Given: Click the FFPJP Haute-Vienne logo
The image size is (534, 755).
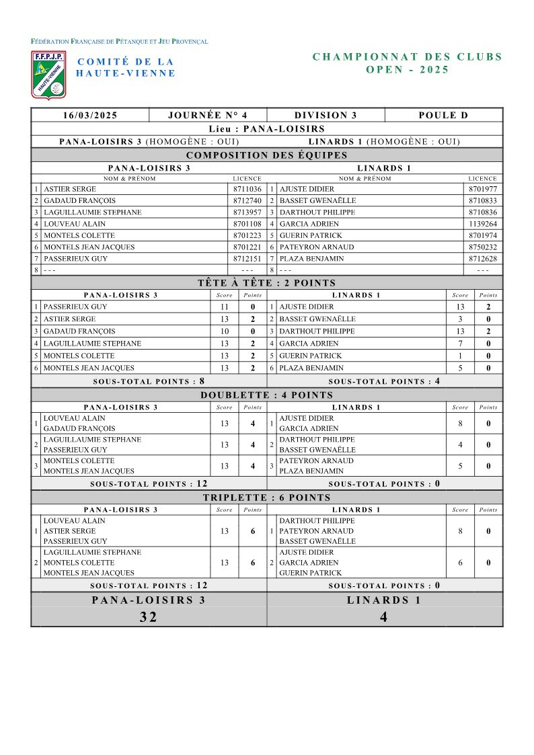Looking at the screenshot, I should point(48,74).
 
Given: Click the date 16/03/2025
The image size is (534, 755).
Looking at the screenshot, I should point(90,115).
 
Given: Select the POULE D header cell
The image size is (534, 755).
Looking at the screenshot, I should point(443,115).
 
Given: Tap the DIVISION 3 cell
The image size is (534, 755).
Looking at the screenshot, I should point(326,115).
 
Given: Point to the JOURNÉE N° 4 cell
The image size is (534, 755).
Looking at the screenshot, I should point(208,115).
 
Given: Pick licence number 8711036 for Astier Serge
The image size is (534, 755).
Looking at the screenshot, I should point(247,190).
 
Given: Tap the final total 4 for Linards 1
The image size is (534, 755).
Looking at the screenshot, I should point(384,617).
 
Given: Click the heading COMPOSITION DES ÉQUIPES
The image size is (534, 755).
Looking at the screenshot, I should point(267,155).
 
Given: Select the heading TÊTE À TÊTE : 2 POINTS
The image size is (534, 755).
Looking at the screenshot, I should point(267,283).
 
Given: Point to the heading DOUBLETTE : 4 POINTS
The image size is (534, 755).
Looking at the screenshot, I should point(267,395).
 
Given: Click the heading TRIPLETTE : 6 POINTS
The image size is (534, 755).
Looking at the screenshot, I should point(267,498).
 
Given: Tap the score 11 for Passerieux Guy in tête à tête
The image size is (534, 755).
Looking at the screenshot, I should point(225,307).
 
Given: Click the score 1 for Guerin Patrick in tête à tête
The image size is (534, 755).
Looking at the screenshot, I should point(460,356).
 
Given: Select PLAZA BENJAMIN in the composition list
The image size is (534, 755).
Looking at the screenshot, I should point(311,259).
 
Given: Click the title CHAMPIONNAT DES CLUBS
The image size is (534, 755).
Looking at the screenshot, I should point(408,57).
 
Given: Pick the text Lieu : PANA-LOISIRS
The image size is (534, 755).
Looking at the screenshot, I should point(267,128).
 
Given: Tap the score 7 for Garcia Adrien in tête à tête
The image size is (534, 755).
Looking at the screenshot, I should point(460,344).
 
